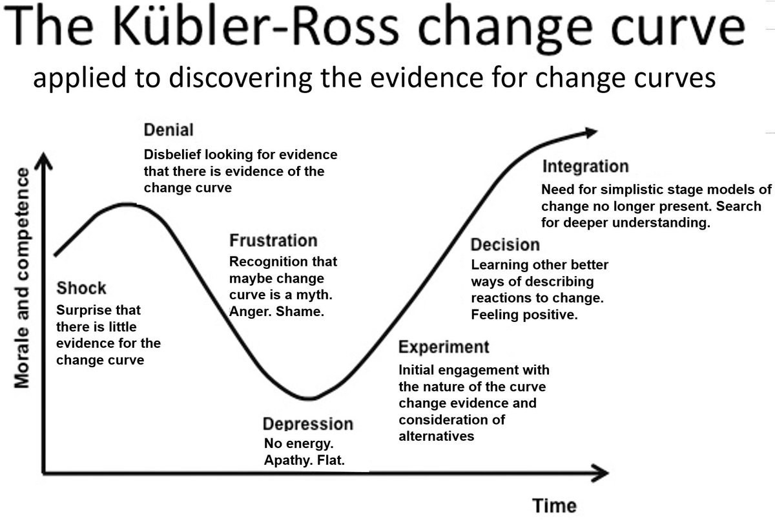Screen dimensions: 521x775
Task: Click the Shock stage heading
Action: pyautogui.click(x=81, y=288)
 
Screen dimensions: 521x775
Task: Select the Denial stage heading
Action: pyautogui.click(x=168, y=130)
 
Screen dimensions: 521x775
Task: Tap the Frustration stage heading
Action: pyautogui.click(x=273, y=240)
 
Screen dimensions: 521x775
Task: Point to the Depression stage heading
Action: pyautogui.click(x=308, y=424)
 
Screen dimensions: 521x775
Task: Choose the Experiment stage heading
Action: pyautogui.click(x=444, y=347)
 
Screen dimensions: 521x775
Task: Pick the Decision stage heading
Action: pyautogui.click(x=504, y=245)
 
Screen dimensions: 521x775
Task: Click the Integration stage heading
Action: pyautogui.click(x=585, y=167)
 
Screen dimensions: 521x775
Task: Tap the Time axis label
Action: pyautogui.click(x=554, y=505)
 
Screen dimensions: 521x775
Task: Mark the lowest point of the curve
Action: pyautogui.click(x=309, y=398)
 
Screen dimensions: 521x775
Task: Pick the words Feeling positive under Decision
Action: pyautogui.click(x=524, y=315)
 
